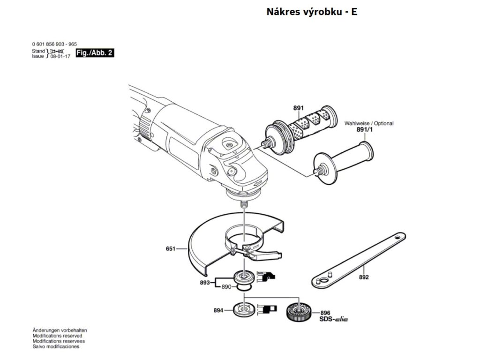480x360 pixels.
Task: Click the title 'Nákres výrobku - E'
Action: (x=311, y=12)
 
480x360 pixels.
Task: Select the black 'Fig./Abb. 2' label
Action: (x=94, y=53)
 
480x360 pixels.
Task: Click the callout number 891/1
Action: (x=364, y=130)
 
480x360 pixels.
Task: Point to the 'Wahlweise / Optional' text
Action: (x=369, y=123)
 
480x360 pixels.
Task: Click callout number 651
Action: (x=172, y=249)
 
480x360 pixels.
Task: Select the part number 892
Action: (x=364, y=277)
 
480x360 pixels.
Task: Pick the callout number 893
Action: (x=205, y=282)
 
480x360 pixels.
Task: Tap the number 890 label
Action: (x=227, y=287)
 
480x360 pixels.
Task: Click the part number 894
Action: (x=218, y=310)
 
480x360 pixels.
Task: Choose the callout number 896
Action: (x=326, y=313)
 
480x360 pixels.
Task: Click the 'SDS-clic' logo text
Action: (x=334, y=319)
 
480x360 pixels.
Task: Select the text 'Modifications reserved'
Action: (x=57, y=336)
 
